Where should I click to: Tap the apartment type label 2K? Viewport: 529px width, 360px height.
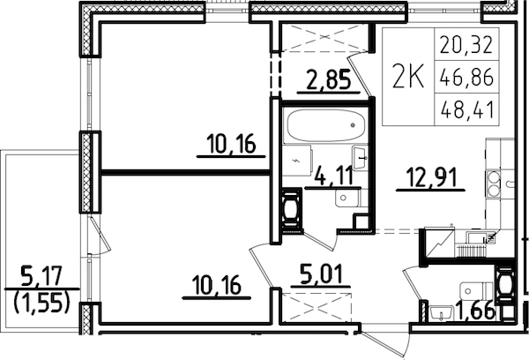click(406, 78)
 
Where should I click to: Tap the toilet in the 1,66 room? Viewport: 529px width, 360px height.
click(505, 284)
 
